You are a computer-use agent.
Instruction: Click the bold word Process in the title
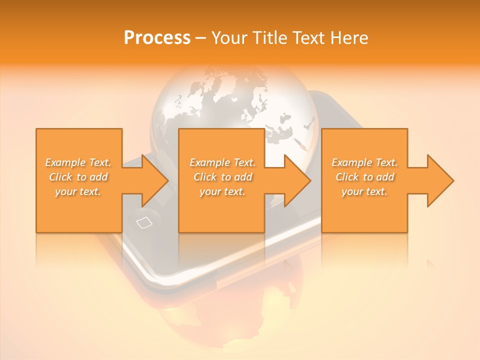[157, 38]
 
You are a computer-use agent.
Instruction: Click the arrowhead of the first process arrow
[155, 180]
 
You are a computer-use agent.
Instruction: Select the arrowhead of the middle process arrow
[297, 180]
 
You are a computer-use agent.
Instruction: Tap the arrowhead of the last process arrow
[440, 180]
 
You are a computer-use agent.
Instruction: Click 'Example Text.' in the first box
[78, 162]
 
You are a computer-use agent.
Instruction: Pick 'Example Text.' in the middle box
[222, 162]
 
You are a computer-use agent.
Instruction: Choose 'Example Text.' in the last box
[364, 162]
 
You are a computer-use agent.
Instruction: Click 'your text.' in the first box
[78, 191]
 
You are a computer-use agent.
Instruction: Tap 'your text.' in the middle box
[222, 191]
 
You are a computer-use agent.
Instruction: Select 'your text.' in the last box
[364, 191]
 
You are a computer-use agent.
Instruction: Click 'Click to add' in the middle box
[222, 177]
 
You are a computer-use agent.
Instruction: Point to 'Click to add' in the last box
[364, 177]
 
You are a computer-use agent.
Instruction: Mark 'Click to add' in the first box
[78, 177]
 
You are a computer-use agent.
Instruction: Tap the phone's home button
[143, 222]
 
